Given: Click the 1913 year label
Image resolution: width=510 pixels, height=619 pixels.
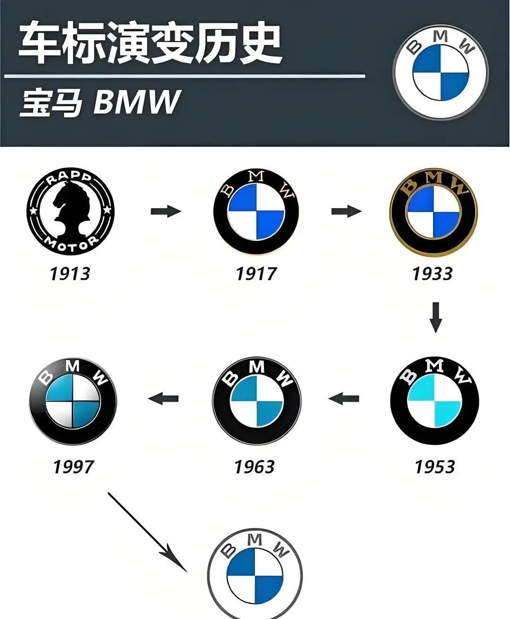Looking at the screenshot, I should pyautogui.click(x=70, y=274).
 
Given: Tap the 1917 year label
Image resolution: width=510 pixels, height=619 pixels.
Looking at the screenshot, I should pyautogui.click(x=256, y=274).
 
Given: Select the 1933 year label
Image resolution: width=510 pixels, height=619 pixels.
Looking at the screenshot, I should pyautogui.click(x=432, y=274).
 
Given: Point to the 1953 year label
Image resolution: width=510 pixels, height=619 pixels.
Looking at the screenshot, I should pyautogui.click(x=434, y=467).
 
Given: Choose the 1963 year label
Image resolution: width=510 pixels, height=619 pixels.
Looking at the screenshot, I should pyautogui.click(x=254, y=467).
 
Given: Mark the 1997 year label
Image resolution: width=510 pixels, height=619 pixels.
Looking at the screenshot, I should pyautogui.click(x=73, y=467).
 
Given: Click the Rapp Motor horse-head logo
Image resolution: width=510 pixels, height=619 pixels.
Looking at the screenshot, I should pyautogui.click(x=70, y=212).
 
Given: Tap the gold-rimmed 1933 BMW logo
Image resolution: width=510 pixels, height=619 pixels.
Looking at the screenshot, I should pyautogui.click(x=433, y=211).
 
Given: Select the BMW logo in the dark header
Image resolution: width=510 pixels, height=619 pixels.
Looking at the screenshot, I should pyautogui.click(x=441, y=72).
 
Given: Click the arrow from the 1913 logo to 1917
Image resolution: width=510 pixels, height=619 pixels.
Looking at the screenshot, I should pyautogui.click(x=166, y=211).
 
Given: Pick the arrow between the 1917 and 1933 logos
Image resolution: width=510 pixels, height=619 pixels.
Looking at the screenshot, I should pyautogui.click(x=346, y=211).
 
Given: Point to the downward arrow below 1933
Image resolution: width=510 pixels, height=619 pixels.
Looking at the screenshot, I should pyautogui.click(x=436, y=317).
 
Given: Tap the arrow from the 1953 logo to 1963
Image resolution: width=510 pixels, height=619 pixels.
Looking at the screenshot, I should pyautogui.click(x=344, y=399).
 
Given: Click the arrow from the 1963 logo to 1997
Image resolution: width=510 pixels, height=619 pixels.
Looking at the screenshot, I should pyautogui.click(x=163, y=399).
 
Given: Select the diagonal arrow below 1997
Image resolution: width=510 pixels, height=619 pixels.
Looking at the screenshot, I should pyautogui.click(x=147, y=532).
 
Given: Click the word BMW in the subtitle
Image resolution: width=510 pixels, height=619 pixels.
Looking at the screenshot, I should pyautogui.click(x=137, y=102).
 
